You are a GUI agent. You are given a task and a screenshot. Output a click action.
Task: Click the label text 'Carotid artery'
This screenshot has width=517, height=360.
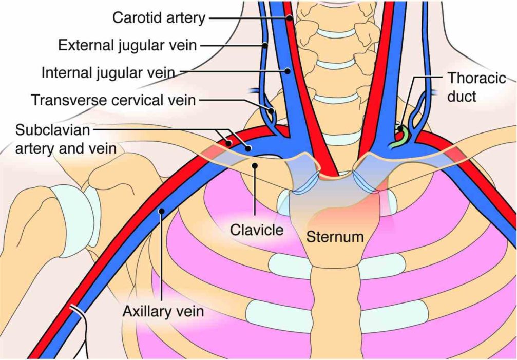(x=159, y=18)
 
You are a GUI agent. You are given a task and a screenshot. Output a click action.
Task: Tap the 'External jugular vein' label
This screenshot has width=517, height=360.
(x=127, y=45)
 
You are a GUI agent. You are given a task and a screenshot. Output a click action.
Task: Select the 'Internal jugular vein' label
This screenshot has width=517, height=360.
(x=108, y=72)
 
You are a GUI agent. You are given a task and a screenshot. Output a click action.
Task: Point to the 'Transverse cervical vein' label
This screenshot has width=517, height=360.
(x=113, y=100)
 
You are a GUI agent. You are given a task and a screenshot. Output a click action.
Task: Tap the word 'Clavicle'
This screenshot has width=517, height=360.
(x=257, y=230)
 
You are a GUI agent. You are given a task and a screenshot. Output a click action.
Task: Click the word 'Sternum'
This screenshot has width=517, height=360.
(x=335, y=237)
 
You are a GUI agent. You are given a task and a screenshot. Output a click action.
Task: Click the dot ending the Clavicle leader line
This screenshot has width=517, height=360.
(x=255, y=165)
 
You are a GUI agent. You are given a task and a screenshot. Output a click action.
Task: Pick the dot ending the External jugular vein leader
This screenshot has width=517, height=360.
(x=265, y=45)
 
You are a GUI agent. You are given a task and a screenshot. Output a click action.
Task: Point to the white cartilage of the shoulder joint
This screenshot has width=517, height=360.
(x=90, y=210)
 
